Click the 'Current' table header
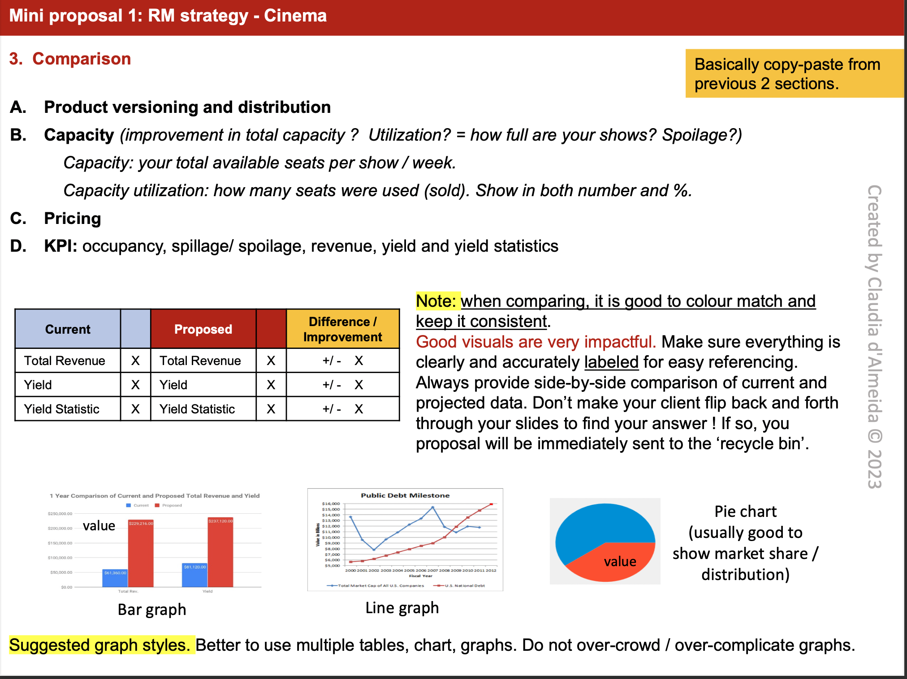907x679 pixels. click(x=68, y=329)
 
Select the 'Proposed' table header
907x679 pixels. click(x=203, y=329)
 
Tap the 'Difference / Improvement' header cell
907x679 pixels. click(x=342, y=329)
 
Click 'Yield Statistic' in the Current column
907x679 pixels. click(x=62, y=409)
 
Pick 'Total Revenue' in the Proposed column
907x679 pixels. click(x=200, y=361)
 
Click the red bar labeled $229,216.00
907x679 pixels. click(x=141, y=555)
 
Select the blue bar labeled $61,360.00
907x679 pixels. click(x=115, y=579)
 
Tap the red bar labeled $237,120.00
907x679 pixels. click(x=220, y=555)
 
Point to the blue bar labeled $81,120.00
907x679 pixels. click(x=195, y=576)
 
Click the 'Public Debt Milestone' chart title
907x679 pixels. click(x=405, y=495)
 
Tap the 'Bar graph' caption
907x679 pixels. click(x=152, y=610)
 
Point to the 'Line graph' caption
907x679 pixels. click(x=402, y=608)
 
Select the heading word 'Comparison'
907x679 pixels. click(x=82, y=59)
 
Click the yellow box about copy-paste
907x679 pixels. click(x=794, y=73)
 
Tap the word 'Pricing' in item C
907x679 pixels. click(x=73, y=219)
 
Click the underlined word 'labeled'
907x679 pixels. click(x=611, y=362)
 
